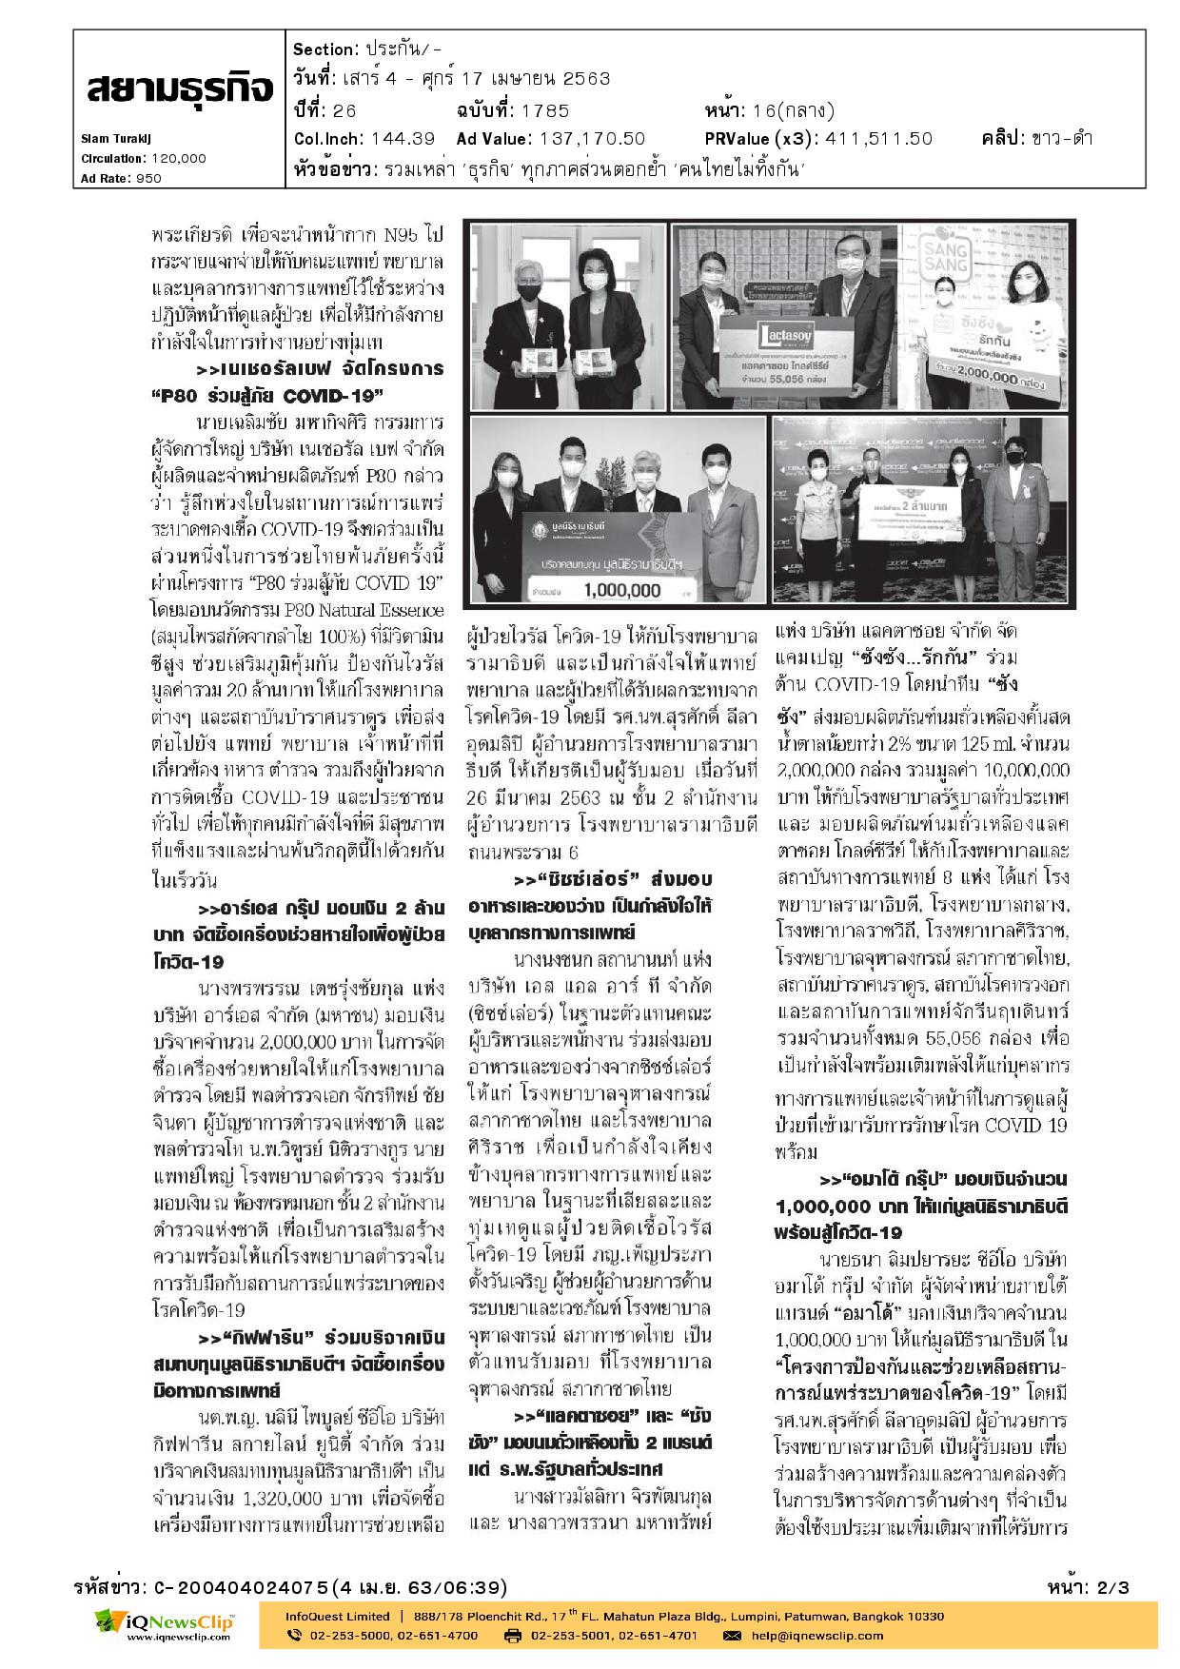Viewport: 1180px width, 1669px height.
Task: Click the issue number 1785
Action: pos(546,108)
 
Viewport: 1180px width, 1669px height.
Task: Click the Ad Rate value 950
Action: pos(148,178)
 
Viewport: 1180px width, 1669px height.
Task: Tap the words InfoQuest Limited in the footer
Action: pos(338,1616)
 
